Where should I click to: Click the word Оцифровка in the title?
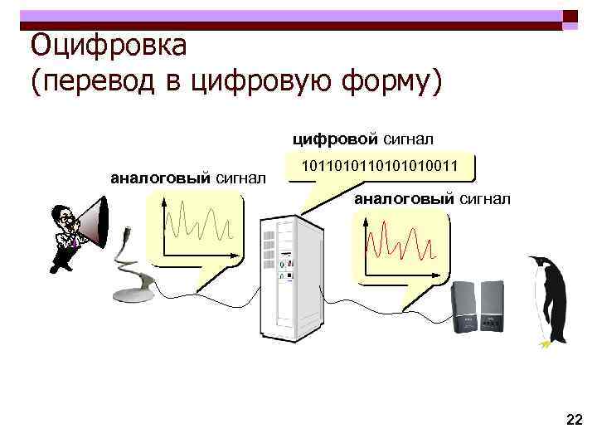tap(108, 46)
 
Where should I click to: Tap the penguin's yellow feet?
tap(545, 341)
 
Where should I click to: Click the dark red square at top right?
tap(570, 17)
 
